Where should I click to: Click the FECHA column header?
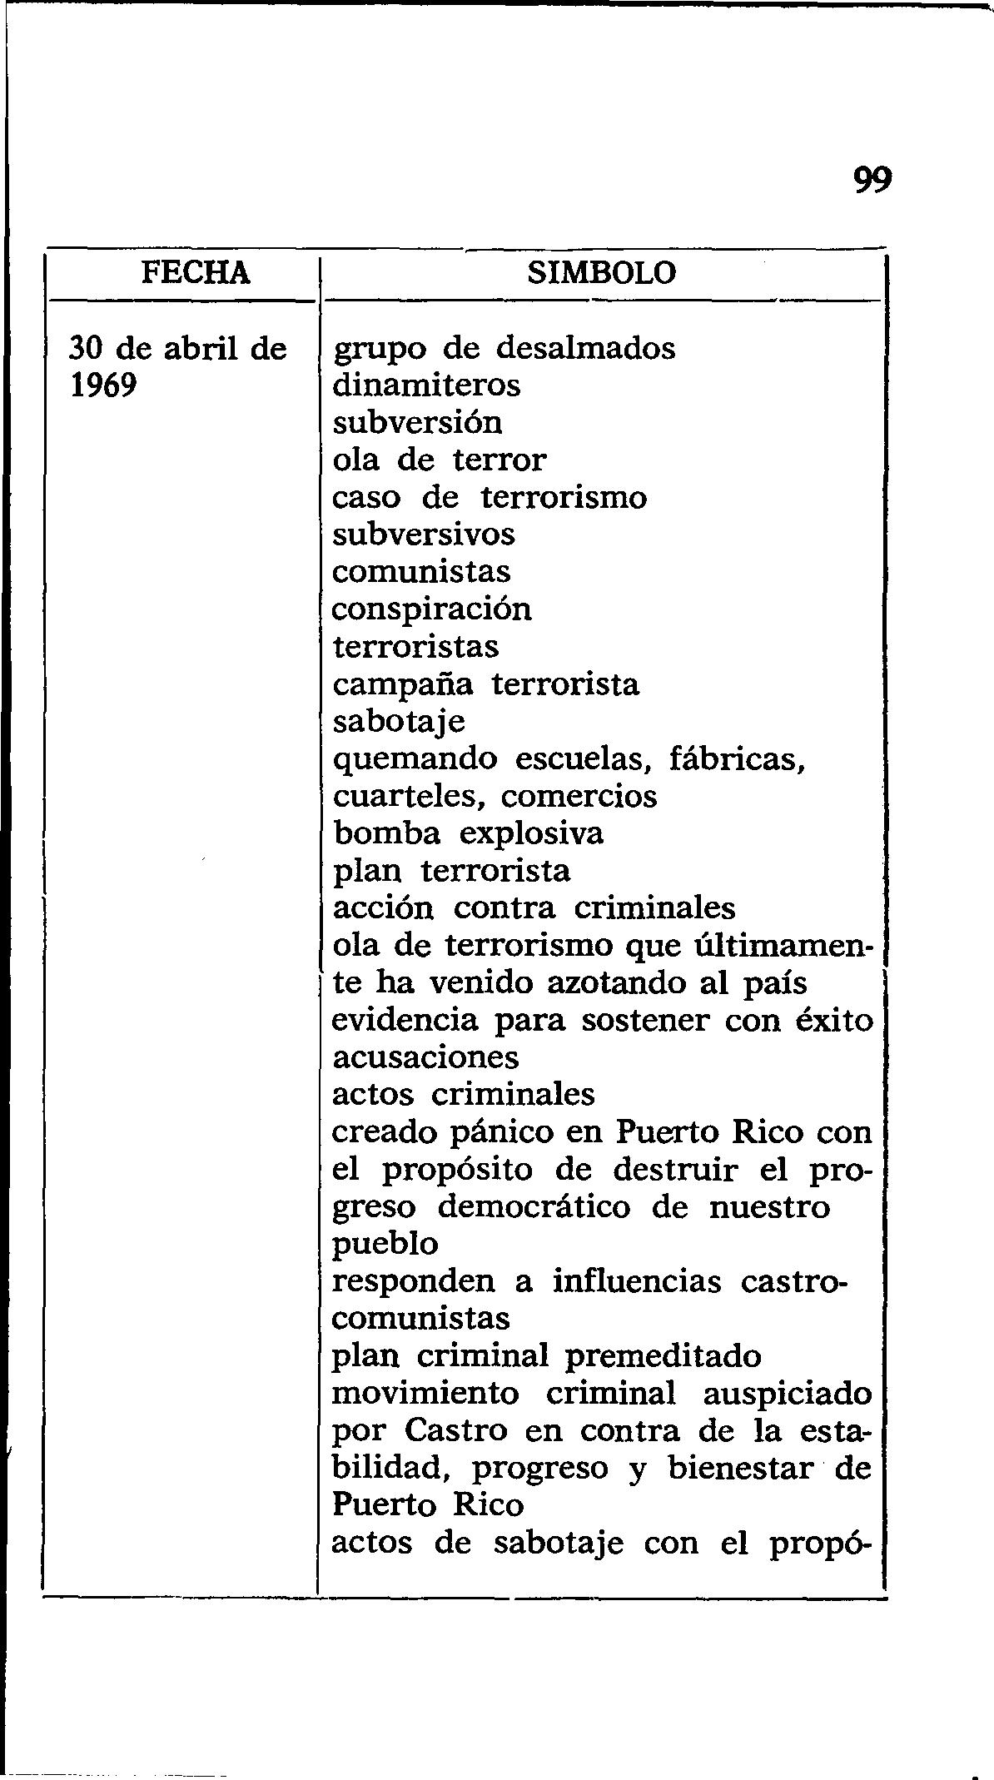tap(196, 272)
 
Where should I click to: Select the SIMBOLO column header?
tap(602, 272)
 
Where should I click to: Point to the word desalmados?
tap(586, 347)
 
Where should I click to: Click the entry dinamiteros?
tap(426, 385)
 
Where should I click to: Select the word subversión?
tap(418, 422)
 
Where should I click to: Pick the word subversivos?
tap(424, 534)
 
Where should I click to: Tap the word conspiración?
tap(432, 609)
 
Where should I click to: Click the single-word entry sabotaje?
tap(399, 722)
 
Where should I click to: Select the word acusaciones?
tap(425, 1057)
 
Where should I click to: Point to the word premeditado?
tap(663, 1356)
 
